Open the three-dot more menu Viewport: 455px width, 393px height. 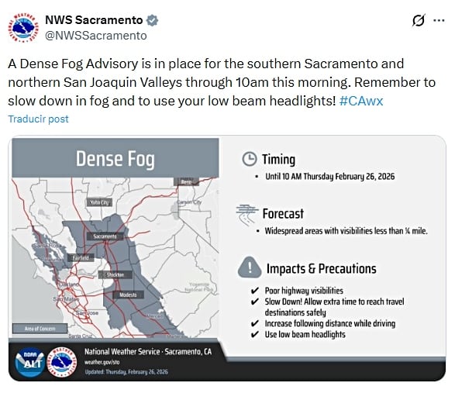point(439,20)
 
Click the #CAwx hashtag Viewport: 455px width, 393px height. point(361,101)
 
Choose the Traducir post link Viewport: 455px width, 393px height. point(39,119)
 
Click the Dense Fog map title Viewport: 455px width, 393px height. point(115,160)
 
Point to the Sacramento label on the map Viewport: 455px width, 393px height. point(105,236)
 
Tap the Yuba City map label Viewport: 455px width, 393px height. point(100,202)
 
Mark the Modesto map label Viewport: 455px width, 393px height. point(129,295)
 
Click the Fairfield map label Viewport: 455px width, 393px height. point(81,257)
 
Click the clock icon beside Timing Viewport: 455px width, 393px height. point(249,159)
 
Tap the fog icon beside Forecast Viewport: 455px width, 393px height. point(249,212)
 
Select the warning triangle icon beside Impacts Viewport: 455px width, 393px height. point(249,268)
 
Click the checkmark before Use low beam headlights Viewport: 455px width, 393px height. point(255,334)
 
